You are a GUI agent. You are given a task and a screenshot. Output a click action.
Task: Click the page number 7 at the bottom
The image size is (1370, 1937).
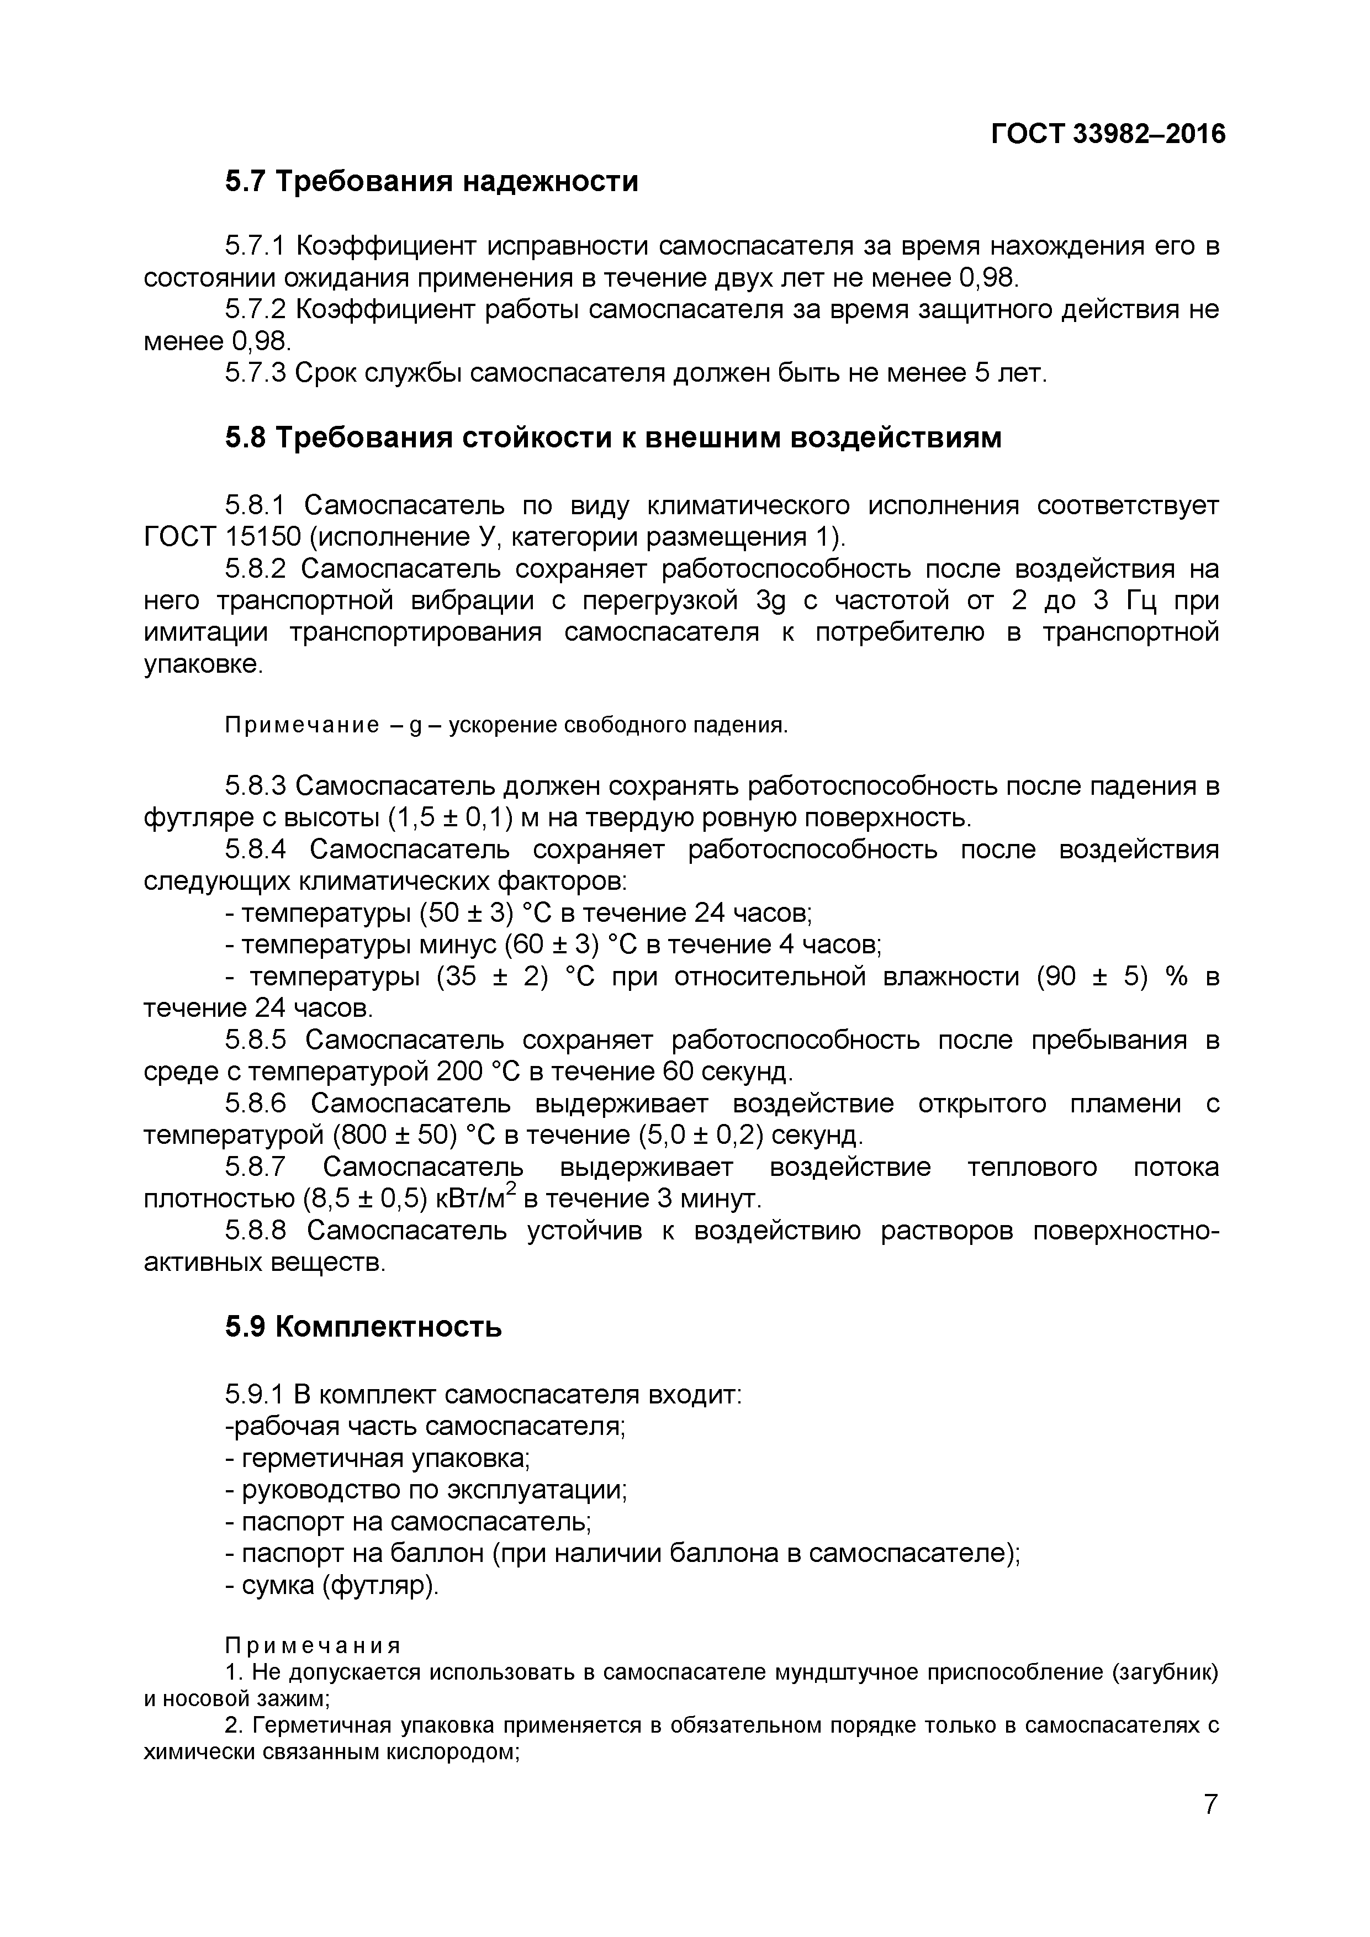(x=1210, y=1828)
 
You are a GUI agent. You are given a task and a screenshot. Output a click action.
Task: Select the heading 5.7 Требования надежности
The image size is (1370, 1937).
(x=431, y=181)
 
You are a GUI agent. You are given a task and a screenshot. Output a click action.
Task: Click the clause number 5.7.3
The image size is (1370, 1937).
(x=256, y=372)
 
